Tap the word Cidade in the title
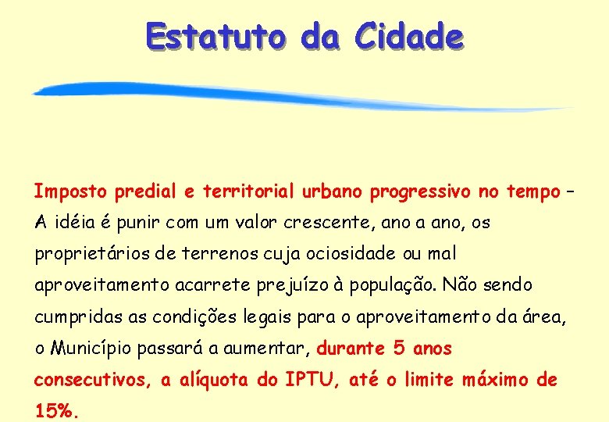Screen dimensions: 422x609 click(x=408, y=35)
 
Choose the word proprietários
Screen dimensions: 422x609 click(x=88, y=255)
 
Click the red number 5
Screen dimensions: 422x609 click(x=399, y=349)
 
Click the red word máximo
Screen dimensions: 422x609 click(x=495, y=380)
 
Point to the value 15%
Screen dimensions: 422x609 click(x=55, y=410)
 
